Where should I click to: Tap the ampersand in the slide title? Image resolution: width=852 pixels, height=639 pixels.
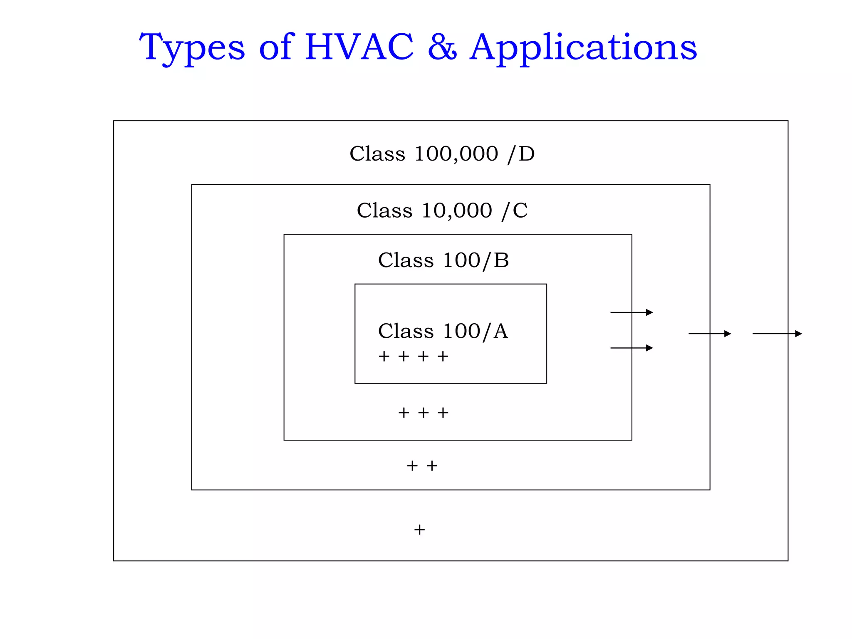[x=442, y=47]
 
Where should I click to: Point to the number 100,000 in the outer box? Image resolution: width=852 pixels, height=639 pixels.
[x=456, y=154]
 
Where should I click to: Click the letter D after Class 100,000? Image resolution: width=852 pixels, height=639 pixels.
[x=527, y=154]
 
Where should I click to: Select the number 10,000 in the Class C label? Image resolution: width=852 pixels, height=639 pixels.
[x=457, y=210]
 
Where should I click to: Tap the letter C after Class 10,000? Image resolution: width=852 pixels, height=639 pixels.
[x=520, y=211]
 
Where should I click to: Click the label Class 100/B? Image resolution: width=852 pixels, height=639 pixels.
[x=443, y=260]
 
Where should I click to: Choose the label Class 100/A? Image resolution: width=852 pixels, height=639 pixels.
[x=443, y=331]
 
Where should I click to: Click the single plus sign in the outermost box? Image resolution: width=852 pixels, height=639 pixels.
[x=419, y=530]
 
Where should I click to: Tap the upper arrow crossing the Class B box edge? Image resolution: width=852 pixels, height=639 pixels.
[x=632, y=312]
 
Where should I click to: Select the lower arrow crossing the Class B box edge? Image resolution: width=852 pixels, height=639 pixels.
[x=632, y=348]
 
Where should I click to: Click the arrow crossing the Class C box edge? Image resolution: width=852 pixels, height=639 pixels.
[x=710, y=334]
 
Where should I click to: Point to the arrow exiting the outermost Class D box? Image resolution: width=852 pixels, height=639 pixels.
[x=777, y=334]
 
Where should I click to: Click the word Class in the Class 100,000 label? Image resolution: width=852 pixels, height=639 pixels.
[x=377, y=154]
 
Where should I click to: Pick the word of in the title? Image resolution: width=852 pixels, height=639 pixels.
[x=277, y=47]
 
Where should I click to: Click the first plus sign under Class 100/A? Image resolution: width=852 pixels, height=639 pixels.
[x=384, y=356]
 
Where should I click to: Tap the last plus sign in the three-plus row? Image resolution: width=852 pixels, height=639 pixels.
[x=443, y=413]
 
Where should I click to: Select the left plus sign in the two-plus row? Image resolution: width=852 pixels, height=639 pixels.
[x=412, y=466]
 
